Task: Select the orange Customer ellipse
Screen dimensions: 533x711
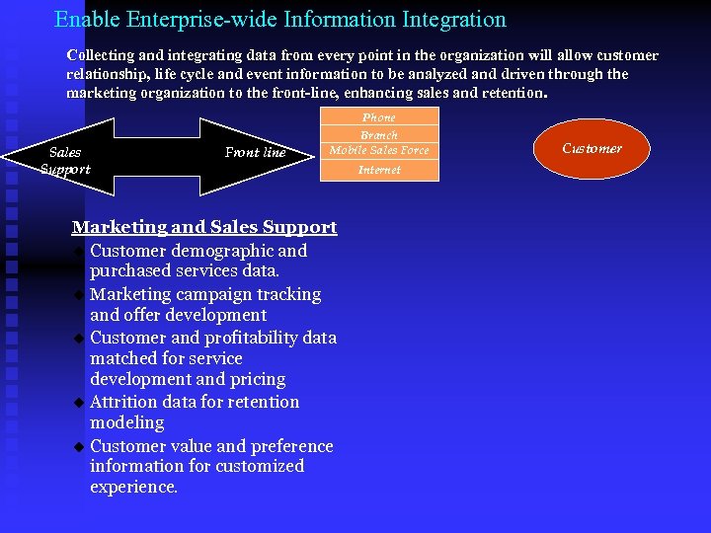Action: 592,149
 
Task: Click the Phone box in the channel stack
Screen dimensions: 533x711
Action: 379,116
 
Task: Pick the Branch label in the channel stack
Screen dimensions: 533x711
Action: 379,134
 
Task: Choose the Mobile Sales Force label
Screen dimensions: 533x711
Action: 379,150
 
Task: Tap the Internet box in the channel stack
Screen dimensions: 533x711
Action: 379,170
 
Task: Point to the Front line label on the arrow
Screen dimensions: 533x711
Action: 255,152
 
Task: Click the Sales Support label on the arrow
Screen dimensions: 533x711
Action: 66,161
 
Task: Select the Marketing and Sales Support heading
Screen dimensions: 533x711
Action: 204,227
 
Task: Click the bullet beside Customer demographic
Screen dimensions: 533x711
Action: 79,252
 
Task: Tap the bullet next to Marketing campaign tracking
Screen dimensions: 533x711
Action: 79,295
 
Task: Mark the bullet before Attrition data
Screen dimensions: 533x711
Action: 79,403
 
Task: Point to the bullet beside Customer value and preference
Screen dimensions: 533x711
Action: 79,447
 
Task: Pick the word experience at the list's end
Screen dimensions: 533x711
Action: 132,487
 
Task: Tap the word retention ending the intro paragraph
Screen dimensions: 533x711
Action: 511,93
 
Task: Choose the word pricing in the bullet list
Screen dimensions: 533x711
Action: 256,379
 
